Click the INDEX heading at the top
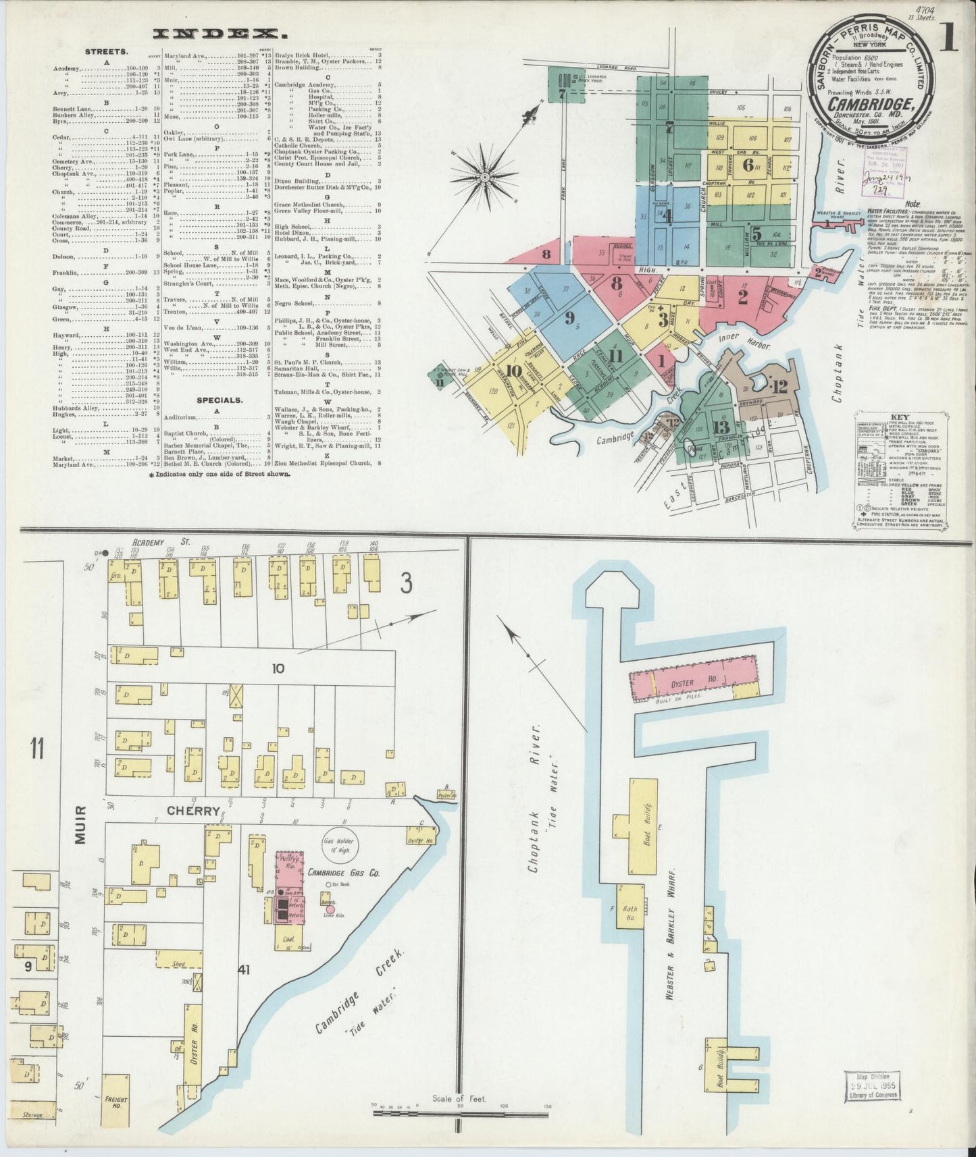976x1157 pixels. (215, 33)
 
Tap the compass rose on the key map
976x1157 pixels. (485, 178)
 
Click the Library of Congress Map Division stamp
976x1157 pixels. (871, 1104)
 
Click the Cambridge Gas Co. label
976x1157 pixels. (344, 872)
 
